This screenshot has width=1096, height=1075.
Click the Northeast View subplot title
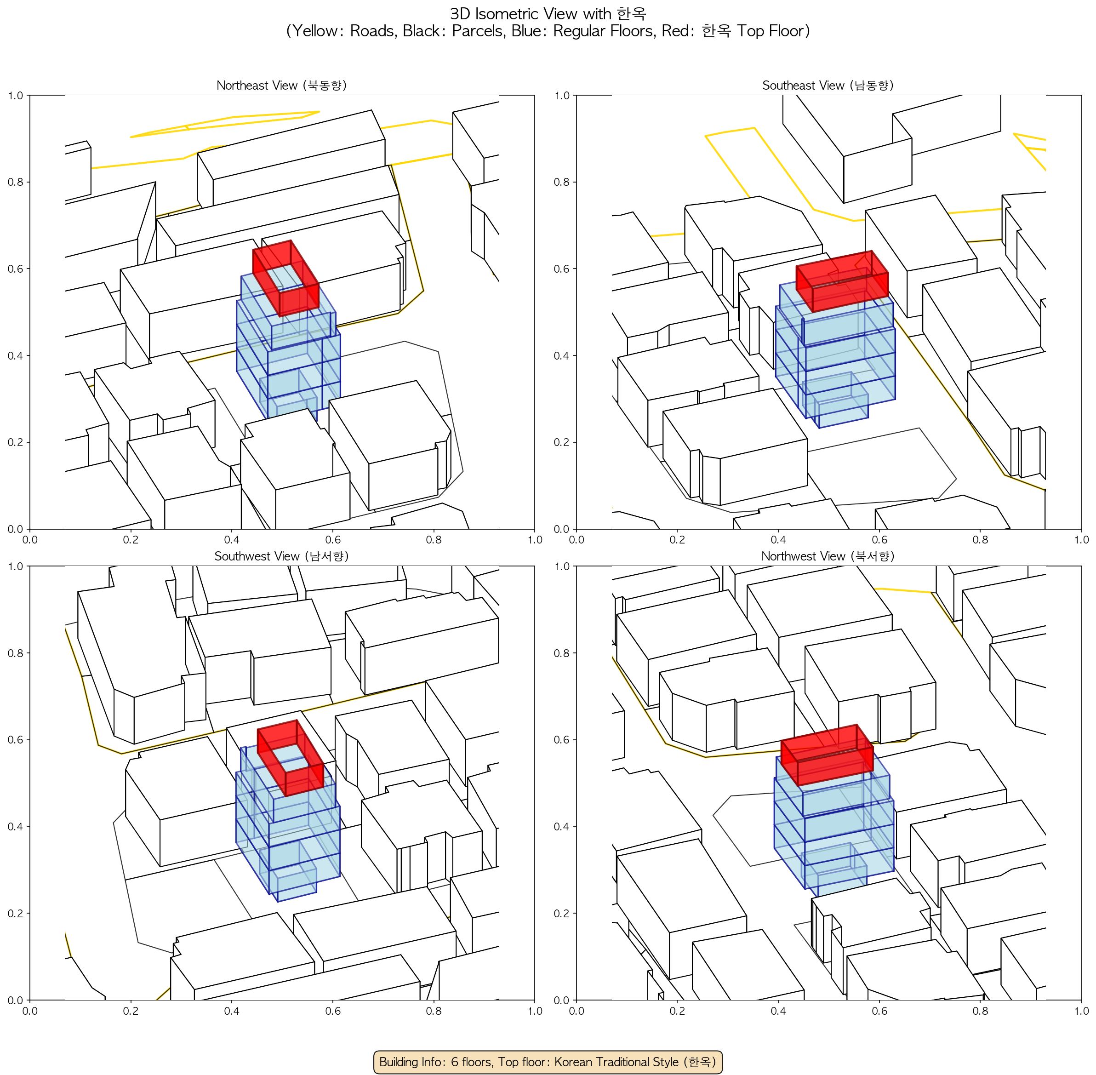(281, 85)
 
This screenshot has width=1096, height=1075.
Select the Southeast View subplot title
(828, 85)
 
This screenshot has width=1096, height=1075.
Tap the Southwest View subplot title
(281, 556)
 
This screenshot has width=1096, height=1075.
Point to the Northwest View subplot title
(828, 556)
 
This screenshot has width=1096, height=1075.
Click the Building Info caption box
(548, 1062)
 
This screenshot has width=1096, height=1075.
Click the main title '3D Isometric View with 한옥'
(548, 13)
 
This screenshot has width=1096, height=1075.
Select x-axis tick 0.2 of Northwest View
(677, 1011)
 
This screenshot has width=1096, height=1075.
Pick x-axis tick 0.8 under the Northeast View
(434, 540)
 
